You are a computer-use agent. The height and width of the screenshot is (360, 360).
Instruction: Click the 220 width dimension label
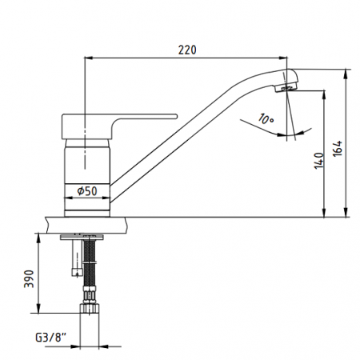coord(187,50)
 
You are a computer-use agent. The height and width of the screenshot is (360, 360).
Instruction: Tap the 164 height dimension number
coord(338,148)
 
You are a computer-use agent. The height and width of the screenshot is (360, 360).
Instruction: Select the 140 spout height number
coord(319,160)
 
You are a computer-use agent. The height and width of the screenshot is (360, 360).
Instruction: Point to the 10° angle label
coord(266,119)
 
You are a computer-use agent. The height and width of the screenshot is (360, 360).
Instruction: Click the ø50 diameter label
coord(87,191)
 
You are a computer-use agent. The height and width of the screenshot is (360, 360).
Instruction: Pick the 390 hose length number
coord(29,279)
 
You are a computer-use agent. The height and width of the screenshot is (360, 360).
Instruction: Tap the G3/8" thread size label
coord(50,338)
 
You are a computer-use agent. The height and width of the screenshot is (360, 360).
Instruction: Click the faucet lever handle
coord(119,126)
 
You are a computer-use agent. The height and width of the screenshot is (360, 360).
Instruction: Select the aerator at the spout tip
coord(286,87)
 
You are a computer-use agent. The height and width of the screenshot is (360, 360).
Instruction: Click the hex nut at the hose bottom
coord(90,308)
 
